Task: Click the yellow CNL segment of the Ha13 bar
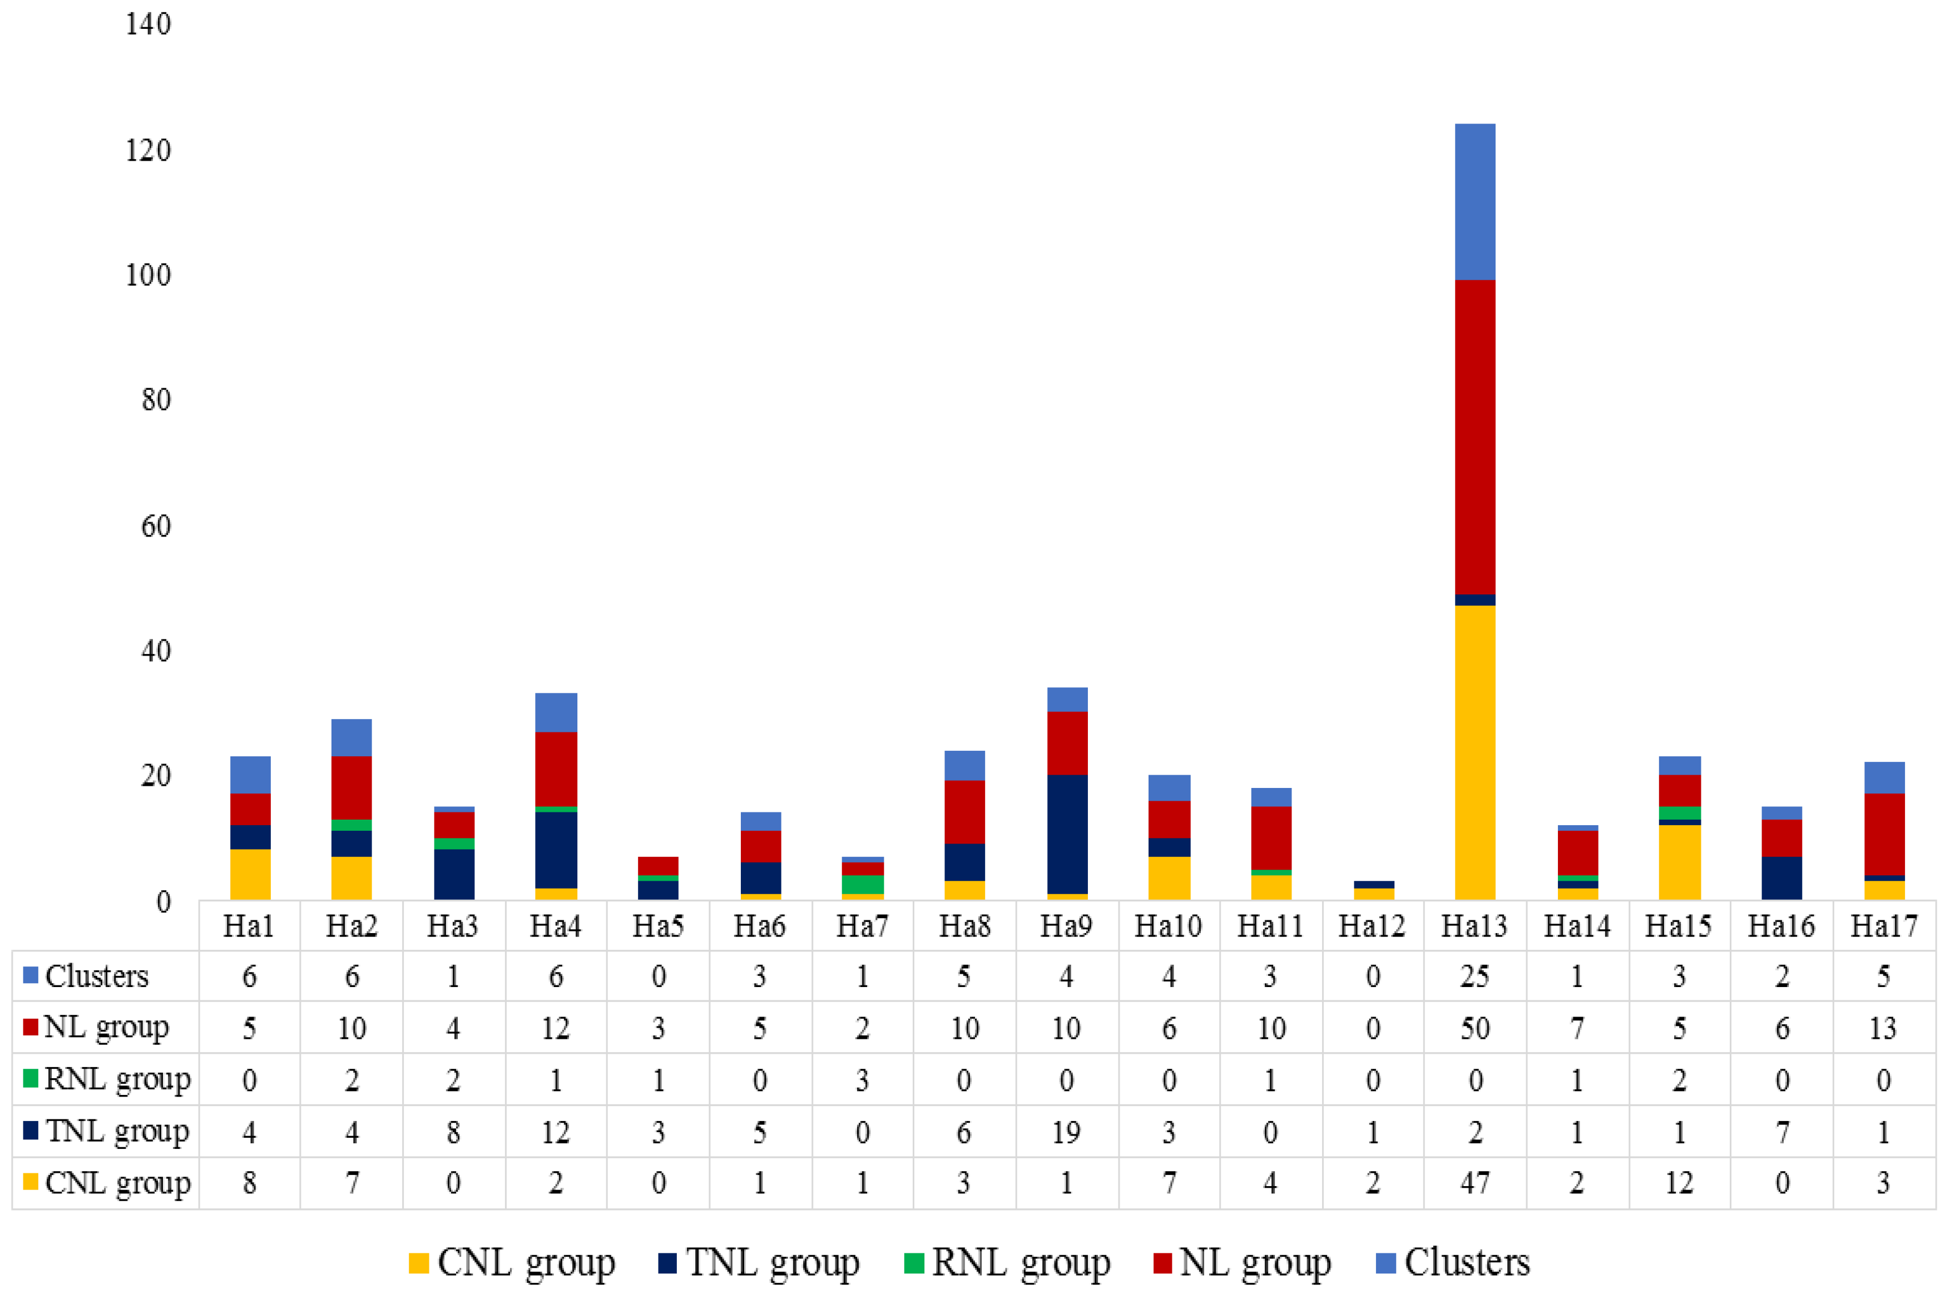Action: point(1474,751)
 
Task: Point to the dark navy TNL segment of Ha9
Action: point(1066,834)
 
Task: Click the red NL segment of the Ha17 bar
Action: point(1883,834)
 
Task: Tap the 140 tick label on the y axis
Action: point(149,24)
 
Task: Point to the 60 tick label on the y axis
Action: point(156,525)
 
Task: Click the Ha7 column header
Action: point(862,926)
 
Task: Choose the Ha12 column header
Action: point(1372,926)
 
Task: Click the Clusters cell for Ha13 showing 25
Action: point(1474,976)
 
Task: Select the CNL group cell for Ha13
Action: point(1474,1183)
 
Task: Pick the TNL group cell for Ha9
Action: point(1066,1132)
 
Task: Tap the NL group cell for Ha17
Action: point(1883,1028)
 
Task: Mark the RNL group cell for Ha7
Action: point(862,1079)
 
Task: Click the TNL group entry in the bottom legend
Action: point(759,1262)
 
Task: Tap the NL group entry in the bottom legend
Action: point(1242,1262)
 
